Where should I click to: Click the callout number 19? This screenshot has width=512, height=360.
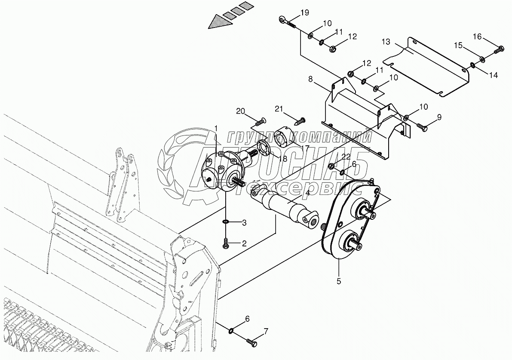304,13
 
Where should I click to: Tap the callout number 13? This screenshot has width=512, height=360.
386,42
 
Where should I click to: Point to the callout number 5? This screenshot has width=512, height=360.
339,282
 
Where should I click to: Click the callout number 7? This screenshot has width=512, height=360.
266,332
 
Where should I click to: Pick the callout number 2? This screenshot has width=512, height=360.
244,244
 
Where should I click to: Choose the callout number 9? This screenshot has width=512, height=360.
439,117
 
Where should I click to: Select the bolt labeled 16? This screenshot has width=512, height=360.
498,50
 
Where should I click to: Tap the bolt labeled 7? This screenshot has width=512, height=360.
251,342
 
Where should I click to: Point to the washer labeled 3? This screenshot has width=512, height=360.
226,222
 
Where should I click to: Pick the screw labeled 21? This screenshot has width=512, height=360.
302,119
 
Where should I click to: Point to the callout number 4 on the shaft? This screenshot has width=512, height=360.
307,194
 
